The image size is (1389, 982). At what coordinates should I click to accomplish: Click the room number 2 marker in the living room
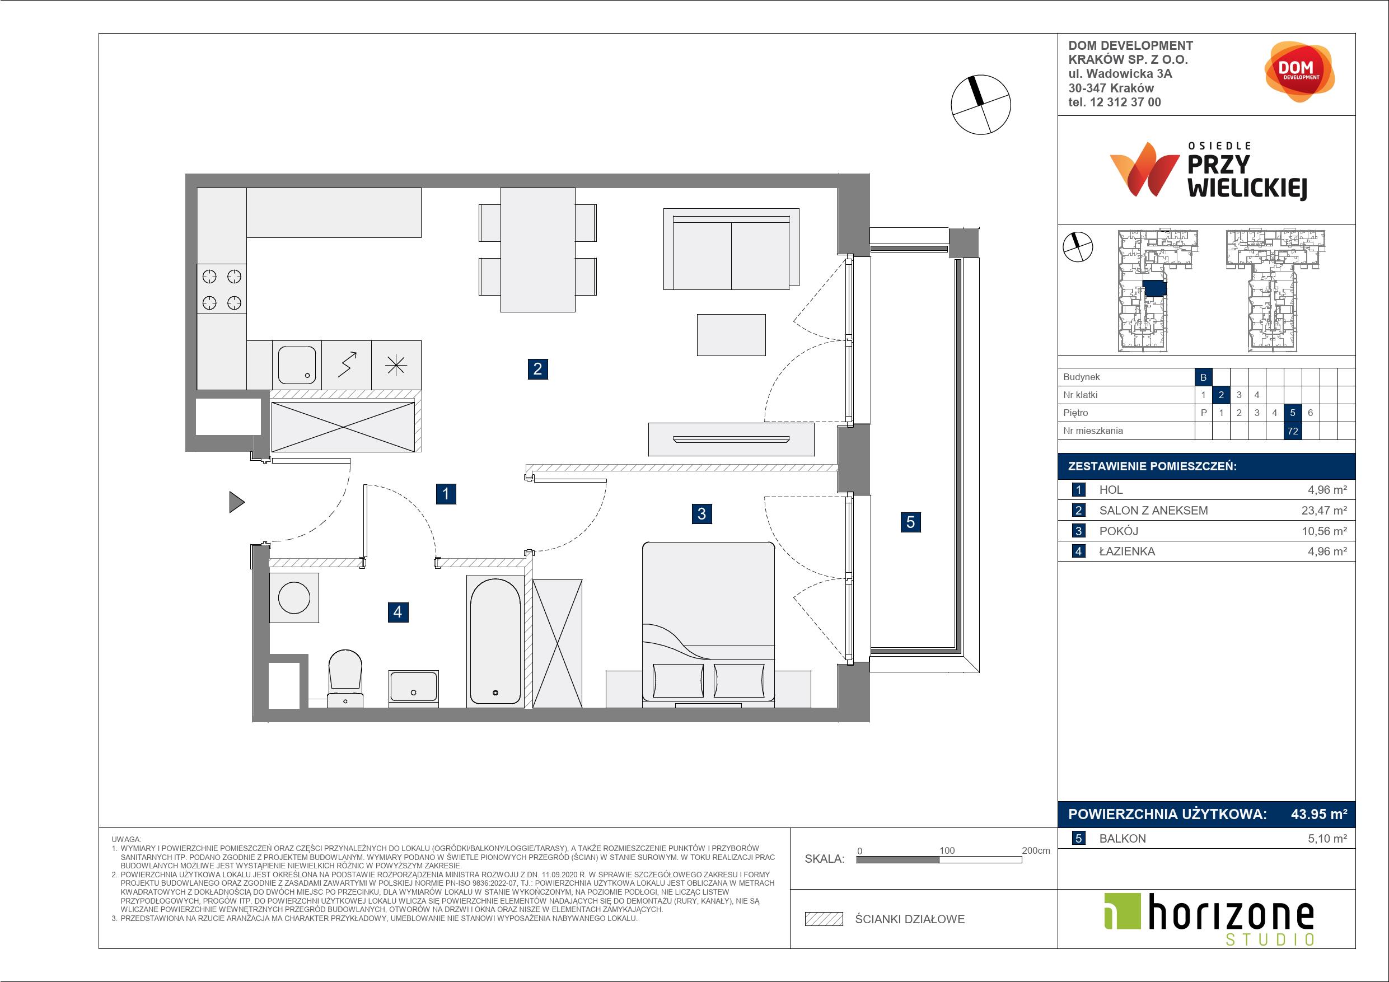[x=537, y=368]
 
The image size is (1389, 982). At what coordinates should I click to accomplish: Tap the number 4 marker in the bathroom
[x=397, y=612]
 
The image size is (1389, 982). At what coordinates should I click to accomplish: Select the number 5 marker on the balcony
[x=910, y=522]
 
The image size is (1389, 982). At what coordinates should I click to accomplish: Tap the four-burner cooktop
[x=221, y=289]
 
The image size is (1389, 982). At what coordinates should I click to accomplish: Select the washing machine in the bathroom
[x=294, y=597]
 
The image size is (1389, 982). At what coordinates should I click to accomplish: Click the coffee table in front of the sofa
[x=731, y=335]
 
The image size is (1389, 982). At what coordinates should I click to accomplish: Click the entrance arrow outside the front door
[x=237, y=502]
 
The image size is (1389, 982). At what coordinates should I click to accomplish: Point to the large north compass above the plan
[x=981, y=105]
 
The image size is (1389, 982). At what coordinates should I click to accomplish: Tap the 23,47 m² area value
[x=1324, y=510]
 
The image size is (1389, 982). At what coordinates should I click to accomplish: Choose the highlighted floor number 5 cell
[x=1293, y=413]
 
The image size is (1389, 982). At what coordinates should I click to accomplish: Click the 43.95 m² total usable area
[x=1319, y=814]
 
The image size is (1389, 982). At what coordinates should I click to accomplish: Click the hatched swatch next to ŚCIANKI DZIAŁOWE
[x=824, y=919]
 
